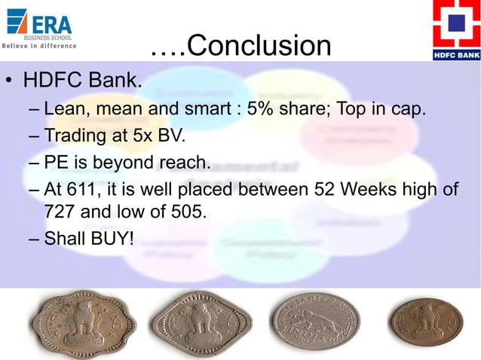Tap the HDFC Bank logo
(455, 30)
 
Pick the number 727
(61, 211)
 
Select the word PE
(57, 162)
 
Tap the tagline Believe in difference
(38, 46)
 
